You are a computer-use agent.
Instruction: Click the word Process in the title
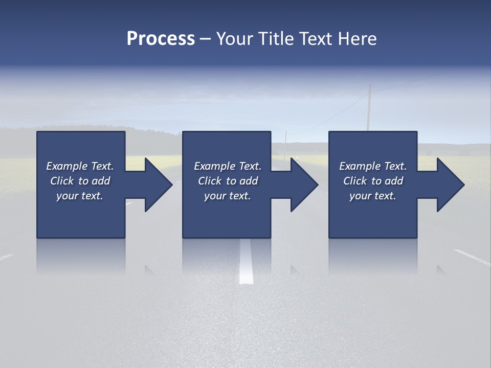(x=161, y=39)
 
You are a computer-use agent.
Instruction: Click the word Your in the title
(x=235, y=39)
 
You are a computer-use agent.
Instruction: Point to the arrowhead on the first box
(x=159, y=185)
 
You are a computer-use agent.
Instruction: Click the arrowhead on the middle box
(x=304, y=185)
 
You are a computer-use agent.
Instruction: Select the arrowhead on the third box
(x=451, y=185)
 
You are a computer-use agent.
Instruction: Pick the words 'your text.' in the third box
(x=373, y=196)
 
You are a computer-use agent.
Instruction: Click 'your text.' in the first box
(x=80, y=196)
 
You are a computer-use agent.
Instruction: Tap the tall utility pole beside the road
(x=368, y=108)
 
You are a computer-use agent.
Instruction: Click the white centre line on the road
(x=246, y=261)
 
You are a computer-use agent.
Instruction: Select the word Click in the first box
(x=61, y=181)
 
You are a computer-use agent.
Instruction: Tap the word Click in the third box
(x=354, y=181)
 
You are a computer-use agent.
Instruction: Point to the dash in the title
(x=206, y=39)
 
